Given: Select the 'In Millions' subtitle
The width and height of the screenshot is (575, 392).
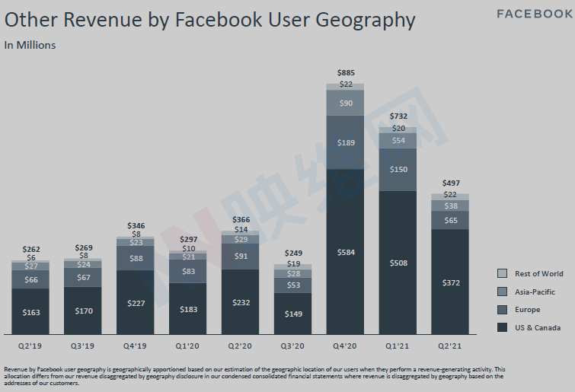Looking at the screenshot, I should coord(30,45).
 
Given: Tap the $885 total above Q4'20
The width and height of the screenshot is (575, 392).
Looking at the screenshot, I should coord(345,73).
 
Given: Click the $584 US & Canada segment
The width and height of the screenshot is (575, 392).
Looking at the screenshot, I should coord(345,251).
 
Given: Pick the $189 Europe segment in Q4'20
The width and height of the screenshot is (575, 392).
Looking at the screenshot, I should coord(345,142).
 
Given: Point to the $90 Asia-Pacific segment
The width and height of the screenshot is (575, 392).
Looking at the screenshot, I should coord(345,103).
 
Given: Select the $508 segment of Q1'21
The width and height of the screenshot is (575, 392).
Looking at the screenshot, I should coord(398,263).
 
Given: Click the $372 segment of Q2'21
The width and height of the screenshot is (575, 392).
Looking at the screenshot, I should coord(450,282).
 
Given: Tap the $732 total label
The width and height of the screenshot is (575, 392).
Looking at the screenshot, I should coord(398,116).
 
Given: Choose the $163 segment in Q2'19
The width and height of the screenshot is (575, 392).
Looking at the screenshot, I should coord(30,312).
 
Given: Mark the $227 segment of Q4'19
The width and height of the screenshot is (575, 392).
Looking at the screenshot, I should coord(136,302).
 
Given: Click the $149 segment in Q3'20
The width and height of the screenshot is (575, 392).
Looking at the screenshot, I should coord(292,314).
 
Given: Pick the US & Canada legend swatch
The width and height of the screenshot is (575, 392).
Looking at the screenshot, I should coord(502,327).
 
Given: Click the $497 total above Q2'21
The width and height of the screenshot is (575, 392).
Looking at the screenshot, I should coord(450,183).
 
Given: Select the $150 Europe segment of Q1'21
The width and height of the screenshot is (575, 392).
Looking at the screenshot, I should coord(398,169).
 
